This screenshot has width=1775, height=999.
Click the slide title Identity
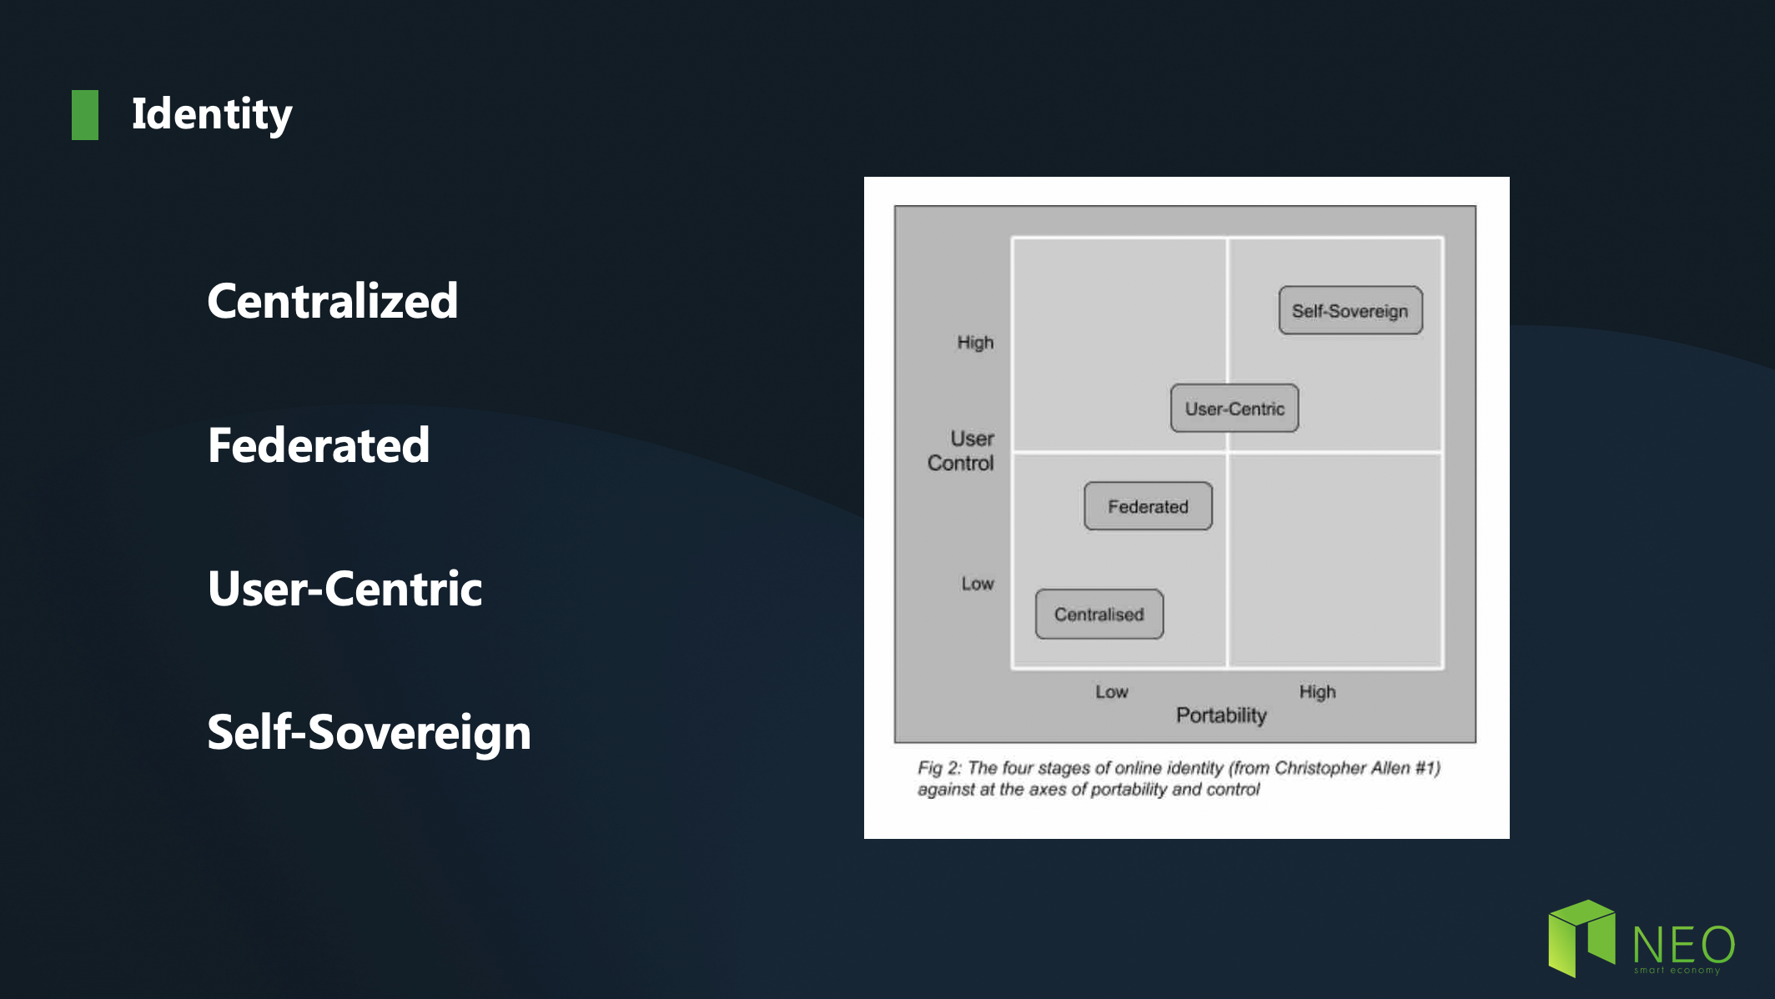click(x=212, y=114)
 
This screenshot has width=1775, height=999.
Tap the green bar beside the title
click(x=85, y=115)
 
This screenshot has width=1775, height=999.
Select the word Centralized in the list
click(x=333, y=300)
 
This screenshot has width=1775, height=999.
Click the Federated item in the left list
click(x=319, y=444)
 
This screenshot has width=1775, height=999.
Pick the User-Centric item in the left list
click(x=345, y=589)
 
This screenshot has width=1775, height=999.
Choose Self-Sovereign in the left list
click(x=370, y=733)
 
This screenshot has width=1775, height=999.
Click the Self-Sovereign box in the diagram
click(x=1350, y=311)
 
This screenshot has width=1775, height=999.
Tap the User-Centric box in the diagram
click(x=1234, y=409)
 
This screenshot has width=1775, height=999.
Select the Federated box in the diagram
click(x=1148, y=506)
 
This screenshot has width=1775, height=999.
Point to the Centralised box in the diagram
click(x=1099, y=615)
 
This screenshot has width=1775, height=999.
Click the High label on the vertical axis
click(x=975, y=343)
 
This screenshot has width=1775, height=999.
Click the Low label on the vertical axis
click(x=978, y=584)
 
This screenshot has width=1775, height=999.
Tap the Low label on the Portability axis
click(x=1112, y=692)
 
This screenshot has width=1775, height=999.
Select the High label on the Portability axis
click(x=1317, y=692)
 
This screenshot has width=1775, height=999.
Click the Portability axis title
click(x=1221, y=715)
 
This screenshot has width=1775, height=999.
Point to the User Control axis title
click(x=961, y=451)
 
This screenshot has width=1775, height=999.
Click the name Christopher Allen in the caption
click(x=1341, y=768)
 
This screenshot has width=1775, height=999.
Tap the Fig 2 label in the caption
click(x=939, y=768)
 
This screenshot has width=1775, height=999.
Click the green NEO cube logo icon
click(x=1581, y=938)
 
